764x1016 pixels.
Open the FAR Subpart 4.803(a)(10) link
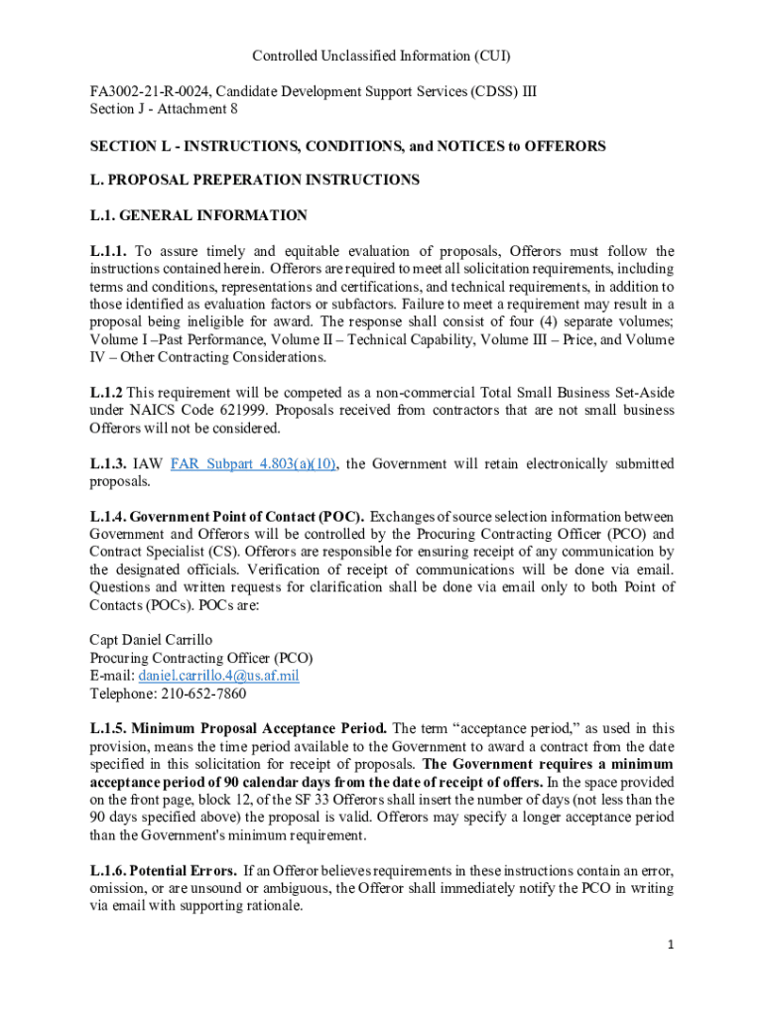click(254, 463)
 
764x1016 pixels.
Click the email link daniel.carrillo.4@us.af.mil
click(225, 676)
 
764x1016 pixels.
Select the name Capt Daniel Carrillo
click(151, 640)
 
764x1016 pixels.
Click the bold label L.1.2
click(106, 392)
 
